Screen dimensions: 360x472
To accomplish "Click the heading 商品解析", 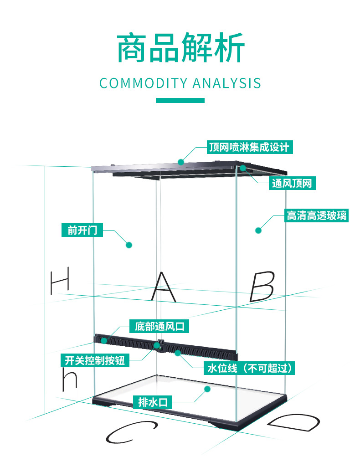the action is tap(180, 48).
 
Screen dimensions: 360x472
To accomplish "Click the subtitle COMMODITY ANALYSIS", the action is tap(180, 83).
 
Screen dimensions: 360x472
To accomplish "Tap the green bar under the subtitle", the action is tap(180, 100).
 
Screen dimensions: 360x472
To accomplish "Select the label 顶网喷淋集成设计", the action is tap(249, 147).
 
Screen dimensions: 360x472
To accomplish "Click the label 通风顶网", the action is tap(292, 184).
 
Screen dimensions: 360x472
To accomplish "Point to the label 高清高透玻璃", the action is tap(316, 215).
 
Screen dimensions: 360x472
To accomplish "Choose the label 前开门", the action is tap(82, 230).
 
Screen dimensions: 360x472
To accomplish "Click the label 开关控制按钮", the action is tap(95, 361).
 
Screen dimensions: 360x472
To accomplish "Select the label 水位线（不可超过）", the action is tap(249, 368).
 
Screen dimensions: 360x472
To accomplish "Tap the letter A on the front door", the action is tap(163, 287).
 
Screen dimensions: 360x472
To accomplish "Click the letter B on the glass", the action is tap(262, 286).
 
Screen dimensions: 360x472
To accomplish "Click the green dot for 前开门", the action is tap(129, 245).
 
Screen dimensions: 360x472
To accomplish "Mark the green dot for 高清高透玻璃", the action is tap(258, 230).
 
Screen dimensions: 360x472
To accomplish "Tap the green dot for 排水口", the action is tap(207, 389).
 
